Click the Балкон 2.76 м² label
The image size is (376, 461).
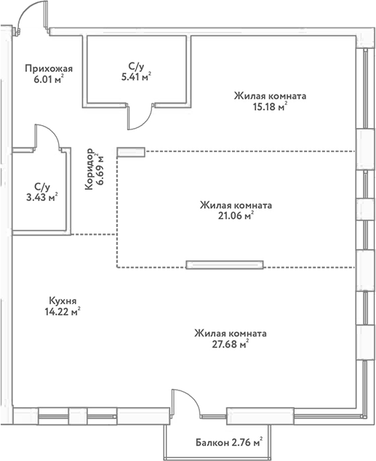coord(228,441)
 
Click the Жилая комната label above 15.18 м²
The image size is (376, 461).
coord(269,95)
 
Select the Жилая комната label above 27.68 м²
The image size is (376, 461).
coord(230,333)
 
